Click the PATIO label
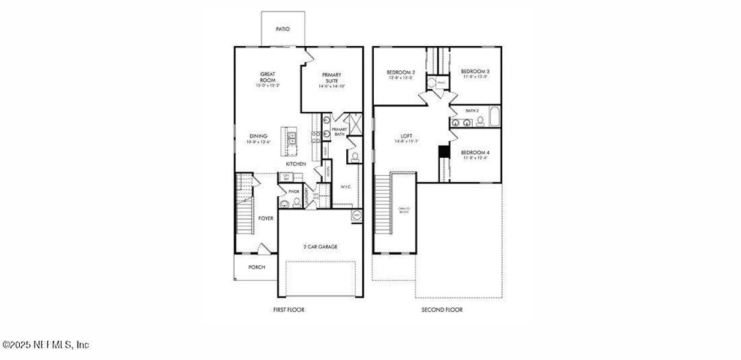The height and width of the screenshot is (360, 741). tap(283, 28)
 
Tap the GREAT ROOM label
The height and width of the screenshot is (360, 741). tap(268, 77)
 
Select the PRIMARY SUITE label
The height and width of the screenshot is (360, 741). tap(332, 77)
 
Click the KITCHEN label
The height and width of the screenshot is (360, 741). tap(296, 164)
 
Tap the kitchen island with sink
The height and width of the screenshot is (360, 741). tap(293, 139)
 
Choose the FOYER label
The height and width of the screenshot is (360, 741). tap(266, 218)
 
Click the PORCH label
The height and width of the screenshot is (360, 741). tap(257, 268)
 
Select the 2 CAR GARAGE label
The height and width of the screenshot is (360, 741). tap(320, 247)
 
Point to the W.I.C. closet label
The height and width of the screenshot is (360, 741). tap(346, 186)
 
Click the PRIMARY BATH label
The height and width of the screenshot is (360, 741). tap(340, 132)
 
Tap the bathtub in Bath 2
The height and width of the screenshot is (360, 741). tap(494, 117)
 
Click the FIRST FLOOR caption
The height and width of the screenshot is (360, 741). tap(289, 310)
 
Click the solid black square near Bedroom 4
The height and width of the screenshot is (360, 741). tap(444, 152)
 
